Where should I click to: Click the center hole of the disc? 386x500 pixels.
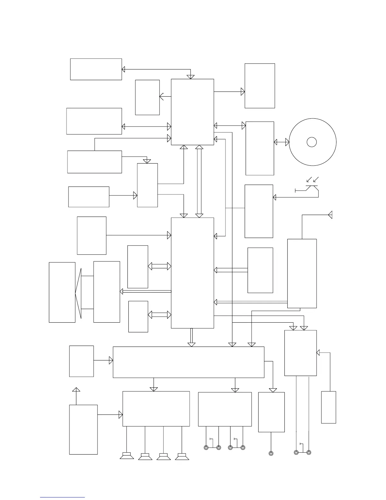(x=312, y=142)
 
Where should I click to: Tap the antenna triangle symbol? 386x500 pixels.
(x=330, y=215)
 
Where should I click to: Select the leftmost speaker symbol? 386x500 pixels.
(x=127, y=456)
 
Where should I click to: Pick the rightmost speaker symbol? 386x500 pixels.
(x=182, y=456)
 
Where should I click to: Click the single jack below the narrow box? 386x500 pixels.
(x=271, y=454)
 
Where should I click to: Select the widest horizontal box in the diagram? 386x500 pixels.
(x=188, y=362)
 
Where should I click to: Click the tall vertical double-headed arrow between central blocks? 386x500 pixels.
(x=199, y=181)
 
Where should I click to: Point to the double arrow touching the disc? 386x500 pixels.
(x=281, y=142)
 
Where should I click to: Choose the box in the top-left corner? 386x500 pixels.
(x=96, y=69)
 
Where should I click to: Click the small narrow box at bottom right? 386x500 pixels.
(x=328, y=407)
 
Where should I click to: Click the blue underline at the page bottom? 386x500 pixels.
(x=62, y=497)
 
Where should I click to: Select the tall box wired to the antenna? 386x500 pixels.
(x=302, y=273)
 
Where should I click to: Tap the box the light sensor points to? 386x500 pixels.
(x=259, y=211)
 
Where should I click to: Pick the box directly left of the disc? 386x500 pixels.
(x=260, y=148)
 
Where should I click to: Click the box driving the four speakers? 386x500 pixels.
(x=156, y=409)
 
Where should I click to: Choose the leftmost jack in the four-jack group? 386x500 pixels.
(x=206, y=448)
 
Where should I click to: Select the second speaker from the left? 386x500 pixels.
(x=145, y=456)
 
